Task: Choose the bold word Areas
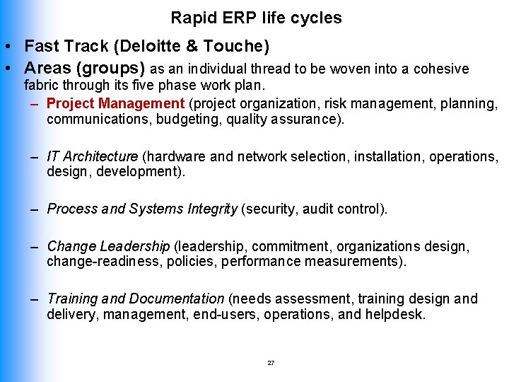(48, 69)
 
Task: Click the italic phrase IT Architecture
(93, 156)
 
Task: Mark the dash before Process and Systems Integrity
(34, 209)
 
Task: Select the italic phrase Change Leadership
(108, 246)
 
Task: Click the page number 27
(271, 363)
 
